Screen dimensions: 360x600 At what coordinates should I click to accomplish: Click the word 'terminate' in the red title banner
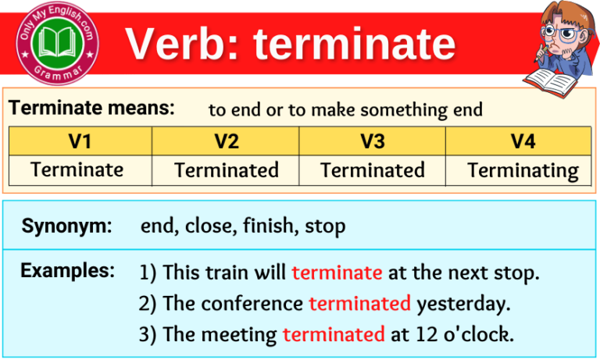click(x=354, y=44)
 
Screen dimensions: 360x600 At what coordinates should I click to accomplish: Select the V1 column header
click(x=80, y=141)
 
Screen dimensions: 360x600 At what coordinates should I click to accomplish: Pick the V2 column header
click(x=226, y=141)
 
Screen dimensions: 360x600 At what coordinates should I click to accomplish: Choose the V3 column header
click(x=373, y=141)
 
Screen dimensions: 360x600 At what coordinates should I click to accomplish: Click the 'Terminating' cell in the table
click(x=523, y=170)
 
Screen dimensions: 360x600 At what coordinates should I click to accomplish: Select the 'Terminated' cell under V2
click(x=226, y=169)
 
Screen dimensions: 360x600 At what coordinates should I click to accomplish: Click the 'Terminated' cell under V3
click(x=373, y=169)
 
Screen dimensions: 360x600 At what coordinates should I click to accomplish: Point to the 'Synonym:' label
click(x=66, y=226)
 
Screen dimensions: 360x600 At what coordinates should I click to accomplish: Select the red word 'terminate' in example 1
click(x=337, y=273)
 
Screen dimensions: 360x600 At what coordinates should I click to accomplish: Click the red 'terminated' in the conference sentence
click(x=359, y=303)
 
